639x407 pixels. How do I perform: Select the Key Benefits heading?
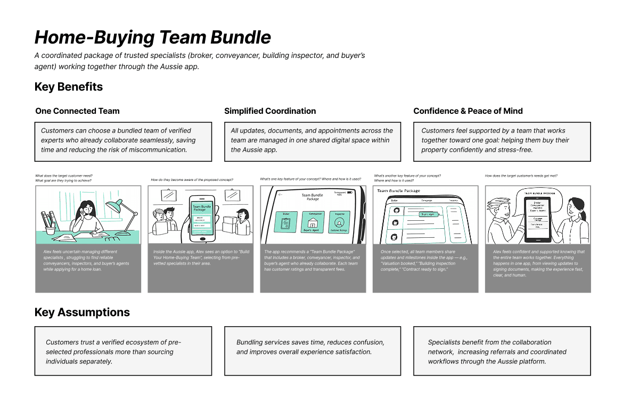point(69,87)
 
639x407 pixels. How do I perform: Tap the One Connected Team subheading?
point(77,111)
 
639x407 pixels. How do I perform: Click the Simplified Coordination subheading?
point(270,111)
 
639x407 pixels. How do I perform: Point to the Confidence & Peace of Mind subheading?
point(468,111)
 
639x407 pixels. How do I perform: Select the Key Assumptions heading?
point(82,312)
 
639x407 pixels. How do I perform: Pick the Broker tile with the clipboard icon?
point(286,221)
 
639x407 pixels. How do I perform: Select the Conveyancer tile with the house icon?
point(313,221)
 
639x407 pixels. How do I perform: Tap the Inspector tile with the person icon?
point(339,221)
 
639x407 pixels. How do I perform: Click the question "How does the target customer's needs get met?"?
point(521,176)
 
